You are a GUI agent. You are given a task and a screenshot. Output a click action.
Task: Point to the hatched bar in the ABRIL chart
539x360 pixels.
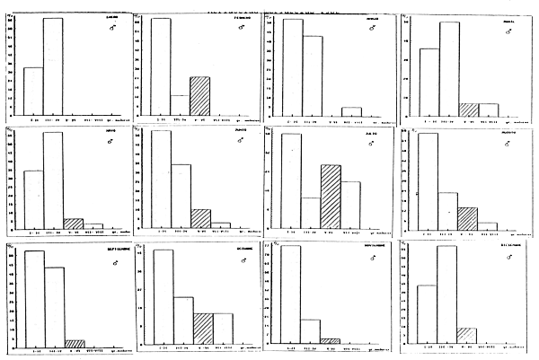pos(468,110)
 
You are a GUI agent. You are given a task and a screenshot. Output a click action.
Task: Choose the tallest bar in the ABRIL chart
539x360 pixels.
pos(449,68)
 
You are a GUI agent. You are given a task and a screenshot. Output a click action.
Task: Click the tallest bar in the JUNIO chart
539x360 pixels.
pos(161,180)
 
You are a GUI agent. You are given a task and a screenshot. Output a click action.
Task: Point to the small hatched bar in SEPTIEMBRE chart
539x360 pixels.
pos(75,342)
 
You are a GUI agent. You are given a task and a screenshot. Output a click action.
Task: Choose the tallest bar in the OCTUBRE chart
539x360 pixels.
pos(163,296)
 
